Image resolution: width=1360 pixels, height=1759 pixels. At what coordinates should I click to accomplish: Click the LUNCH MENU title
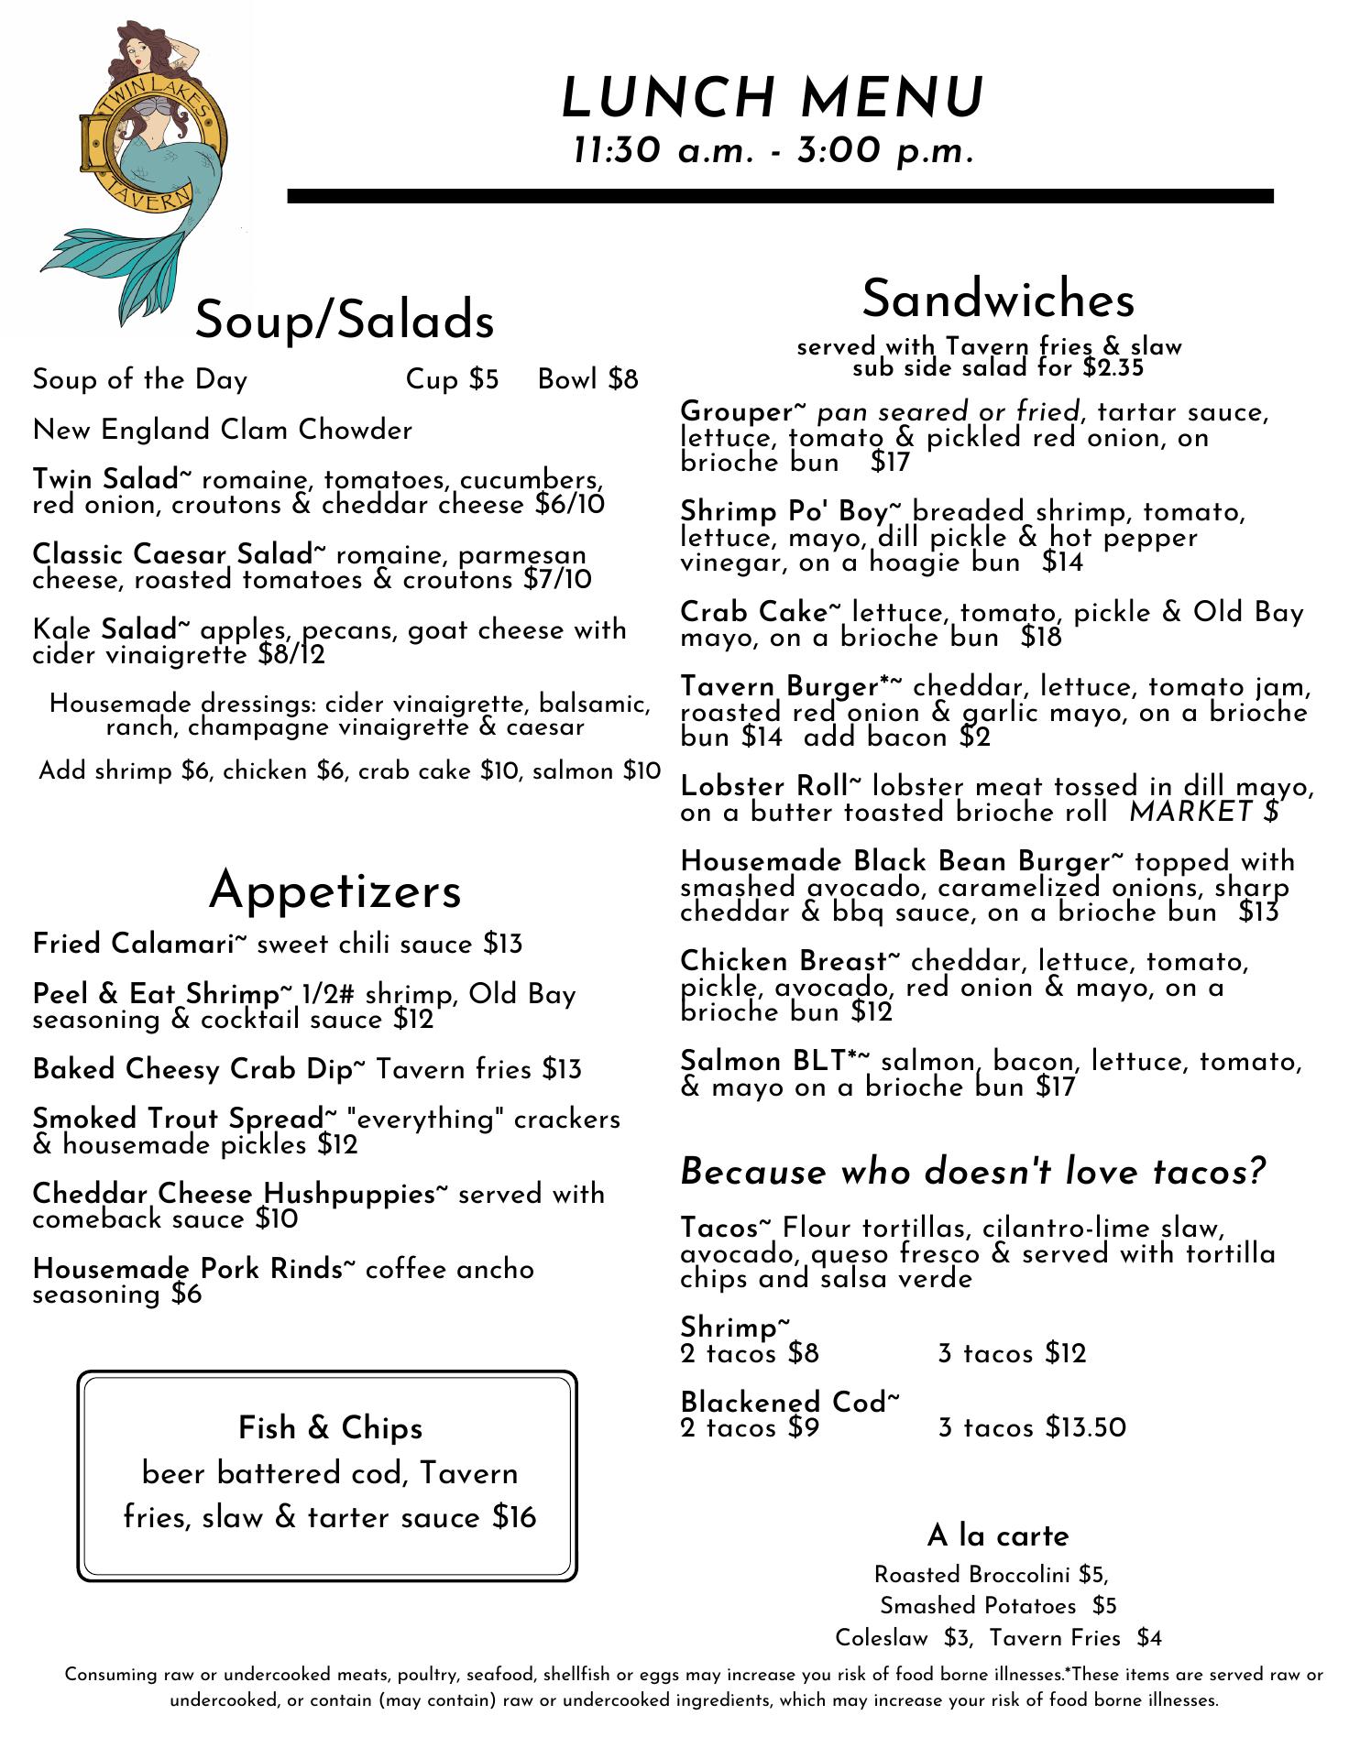773,98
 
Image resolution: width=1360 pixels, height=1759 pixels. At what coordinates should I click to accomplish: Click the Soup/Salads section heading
345,319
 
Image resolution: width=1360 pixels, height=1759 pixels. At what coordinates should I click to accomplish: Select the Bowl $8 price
587,379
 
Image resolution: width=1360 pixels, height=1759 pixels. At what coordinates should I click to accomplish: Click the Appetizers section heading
335,890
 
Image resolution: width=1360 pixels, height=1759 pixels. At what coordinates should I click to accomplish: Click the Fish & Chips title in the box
330,1427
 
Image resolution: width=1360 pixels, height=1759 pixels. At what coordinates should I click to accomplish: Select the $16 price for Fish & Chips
514,1517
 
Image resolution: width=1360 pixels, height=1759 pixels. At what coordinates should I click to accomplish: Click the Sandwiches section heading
998,299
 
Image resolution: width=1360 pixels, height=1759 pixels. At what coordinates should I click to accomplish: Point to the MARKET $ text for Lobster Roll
1203,812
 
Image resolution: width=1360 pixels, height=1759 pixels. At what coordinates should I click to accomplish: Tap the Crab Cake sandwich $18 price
1041,638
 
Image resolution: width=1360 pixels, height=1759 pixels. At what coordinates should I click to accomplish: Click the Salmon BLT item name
774,1061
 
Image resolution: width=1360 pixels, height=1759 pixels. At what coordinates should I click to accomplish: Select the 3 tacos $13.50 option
1032,1427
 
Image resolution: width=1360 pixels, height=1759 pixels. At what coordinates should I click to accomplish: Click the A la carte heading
998,1535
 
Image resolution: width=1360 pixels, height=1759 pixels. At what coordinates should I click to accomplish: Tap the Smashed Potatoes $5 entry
998,1606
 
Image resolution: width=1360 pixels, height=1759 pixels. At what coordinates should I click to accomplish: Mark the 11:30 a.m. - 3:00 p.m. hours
773,150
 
